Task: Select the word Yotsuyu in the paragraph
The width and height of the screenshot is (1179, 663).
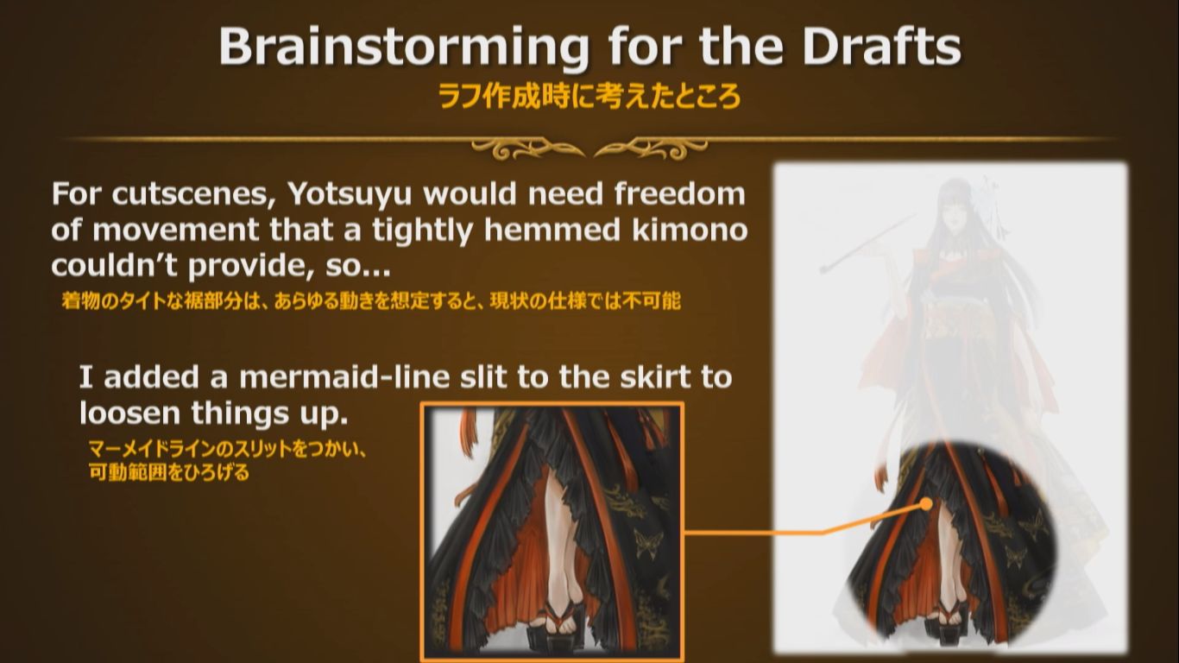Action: pos(350,196)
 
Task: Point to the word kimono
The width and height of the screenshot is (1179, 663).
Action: pos(689,230)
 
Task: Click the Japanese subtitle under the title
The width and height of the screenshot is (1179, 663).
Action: pos(589,97)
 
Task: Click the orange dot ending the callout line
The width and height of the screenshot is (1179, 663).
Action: pos(926,504)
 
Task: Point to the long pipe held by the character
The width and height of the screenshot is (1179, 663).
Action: pos(868,243)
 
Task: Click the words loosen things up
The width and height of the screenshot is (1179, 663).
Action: pos(214,414)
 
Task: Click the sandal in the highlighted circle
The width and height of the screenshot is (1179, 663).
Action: pos(949,615)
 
